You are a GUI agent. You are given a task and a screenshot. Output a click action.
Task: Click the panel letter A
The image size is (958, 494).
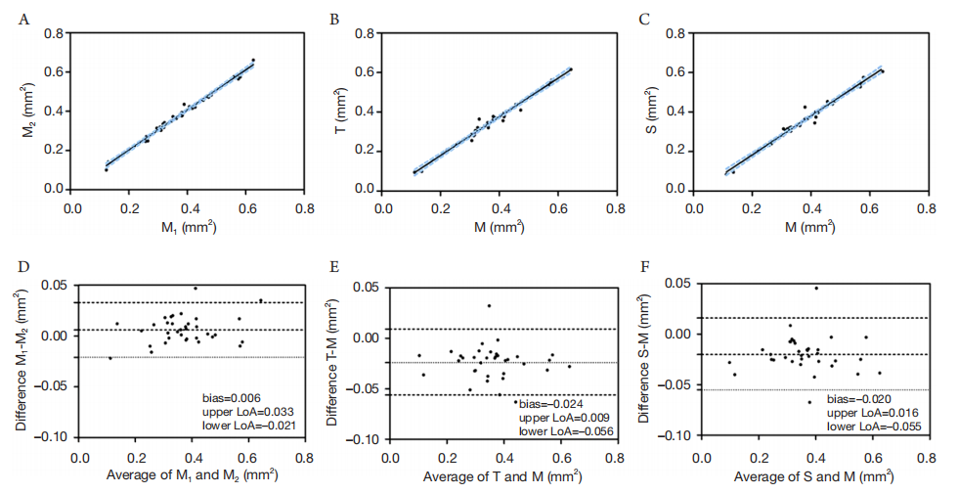point(21,18)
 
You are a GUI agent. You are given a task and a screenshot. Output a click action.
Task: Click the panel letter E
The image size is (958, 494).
point(335,266)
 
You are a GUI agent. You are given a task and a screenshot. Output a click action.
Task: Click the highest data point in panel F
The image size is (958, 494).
point(816,288)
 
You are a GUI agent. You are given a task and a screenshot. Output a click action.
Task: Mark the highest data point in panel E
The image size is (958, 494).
point(489,306)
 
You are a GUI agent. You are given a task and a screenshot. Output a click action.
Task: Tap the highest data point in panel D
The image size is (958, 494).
point(195,289)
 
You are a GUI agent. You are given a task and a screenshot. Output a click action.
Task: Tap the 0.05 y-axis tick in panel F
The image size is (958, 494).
point(676,284)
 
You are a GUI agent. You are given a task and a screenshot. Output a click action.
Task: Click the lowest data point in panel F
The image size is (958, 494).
point(809,402)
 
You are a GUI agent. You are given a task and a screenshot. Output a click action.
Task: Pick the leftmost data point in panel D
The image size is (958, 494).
point(110,358)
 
